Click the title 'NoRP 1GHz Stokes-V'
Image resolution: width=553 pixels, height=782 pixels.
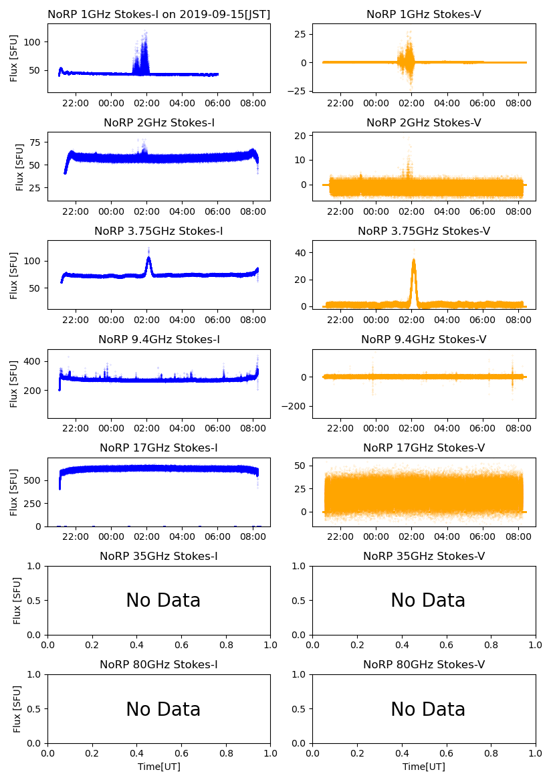tap(424, 14)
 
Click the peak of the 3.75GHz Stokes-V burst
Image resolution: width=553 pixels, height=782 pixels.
tap(414, 260)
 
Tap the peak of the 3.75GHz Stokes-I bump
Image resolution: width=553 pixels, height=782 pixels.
tap(148, 258)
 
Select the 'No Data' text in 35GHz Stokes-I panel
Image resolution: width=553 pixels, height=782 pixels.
tap(163, 601)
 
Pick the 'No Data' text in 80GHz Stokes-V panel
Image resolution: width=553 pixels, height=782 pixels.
tap(428, 709)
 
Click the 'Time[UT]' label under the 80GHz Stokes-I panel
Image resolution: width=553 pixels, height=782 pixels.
tap(159, 767)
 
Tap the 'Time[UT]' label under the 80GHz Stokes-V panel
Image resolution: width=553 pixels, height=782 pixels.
tap(424, 767)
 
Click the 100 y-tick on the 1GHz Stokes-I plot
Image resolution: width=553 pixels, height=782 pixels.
tap(35, 41)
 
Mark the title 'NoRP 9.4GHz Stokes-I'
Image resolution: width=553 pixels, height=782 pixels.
tap(159, 340)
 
